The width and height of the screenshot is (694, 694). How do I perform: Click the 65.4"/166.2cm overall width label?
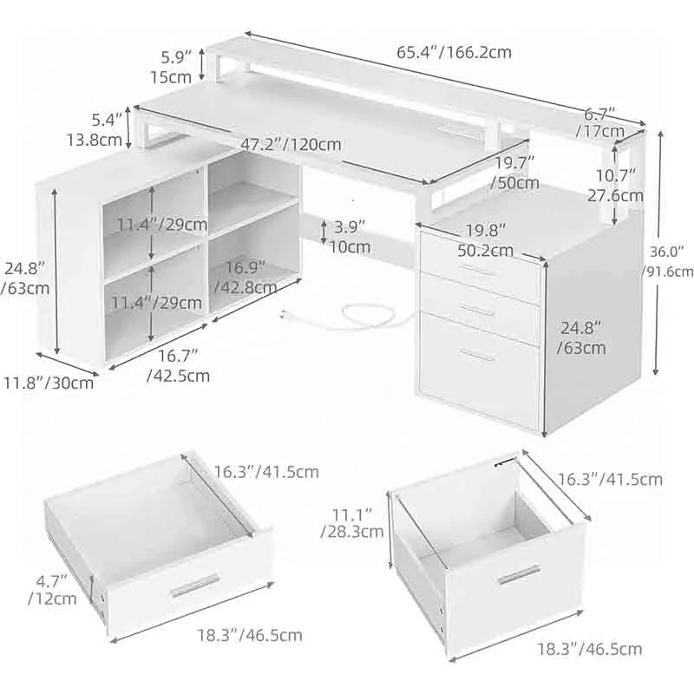pos(454,52)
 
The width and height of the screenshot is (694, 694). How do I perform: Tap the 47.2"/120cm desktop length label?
pos(291,144)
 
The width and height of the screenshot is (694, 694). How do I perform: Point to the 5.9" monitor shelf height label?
pos(175,68)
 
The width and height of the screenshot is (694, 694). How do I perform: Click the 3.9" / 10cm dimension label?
pos(349,236)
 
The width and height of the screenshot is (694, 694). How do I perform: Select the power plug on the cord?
pos(287,315)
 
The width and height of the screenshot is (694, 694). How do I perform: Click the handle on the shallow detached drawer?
pos(194,586)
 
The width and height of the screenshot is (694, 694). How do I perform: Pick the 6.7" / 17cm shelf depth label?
pos(600,122)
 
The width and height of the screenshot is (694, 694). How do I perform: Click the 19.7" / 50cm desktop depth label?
pos(515,173)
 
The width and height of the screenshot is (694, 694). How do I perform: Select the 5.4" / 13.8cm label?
pos(95,130)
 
